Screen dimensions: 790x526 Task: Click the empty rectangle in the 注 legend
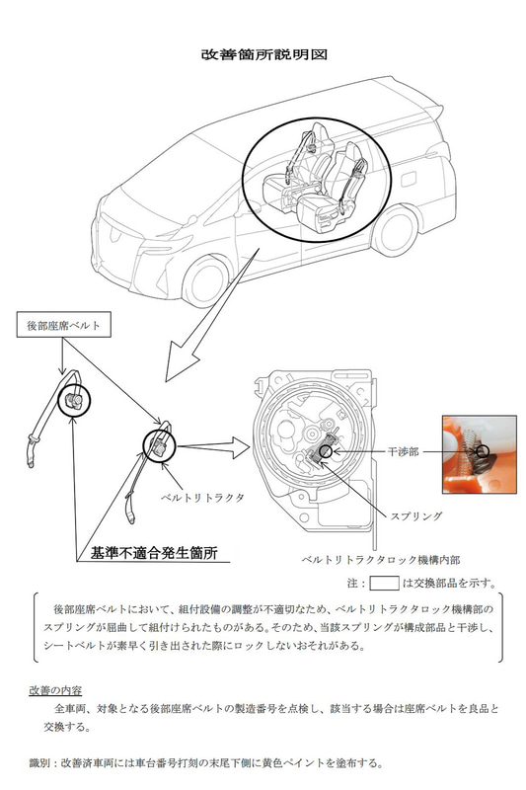tap(382, 582)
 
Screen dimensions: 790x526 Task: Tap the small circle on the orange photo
tap(484, 451)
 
